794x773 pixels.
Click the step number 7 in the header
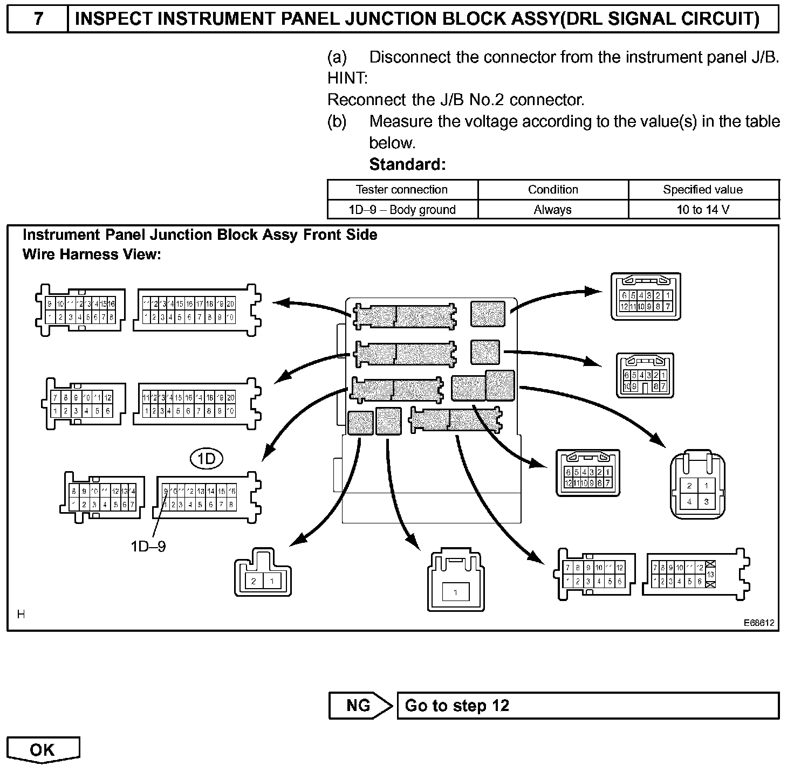(37, 19)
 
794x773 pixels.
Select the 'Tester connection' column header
(402, 190)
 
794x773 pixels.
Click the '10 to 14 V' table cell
(703, 210)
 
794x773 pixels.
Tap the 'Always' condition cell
(552, 210)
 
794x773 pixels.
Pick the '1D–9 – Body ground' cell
(402, 210)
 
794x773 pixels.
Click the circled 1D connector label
(207, 459)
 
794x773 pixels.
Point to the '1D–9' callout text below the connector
(148, 547)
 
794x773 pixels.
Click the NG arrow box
(360, 706)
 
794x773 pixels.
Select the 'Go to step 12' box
(588, 706)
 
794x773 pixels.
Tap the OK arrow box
(43, 750)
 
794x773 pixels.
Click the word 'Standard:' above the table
(407, 164)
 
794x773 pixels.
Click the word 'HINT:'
(347, 79)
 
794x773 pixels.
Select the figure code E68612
(759, 623)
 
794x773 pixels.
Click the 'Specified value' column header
(703, 190)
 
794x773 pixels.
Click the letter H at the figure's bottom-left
(20, 615)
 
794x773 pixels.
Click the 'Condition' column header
(552, 190)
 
